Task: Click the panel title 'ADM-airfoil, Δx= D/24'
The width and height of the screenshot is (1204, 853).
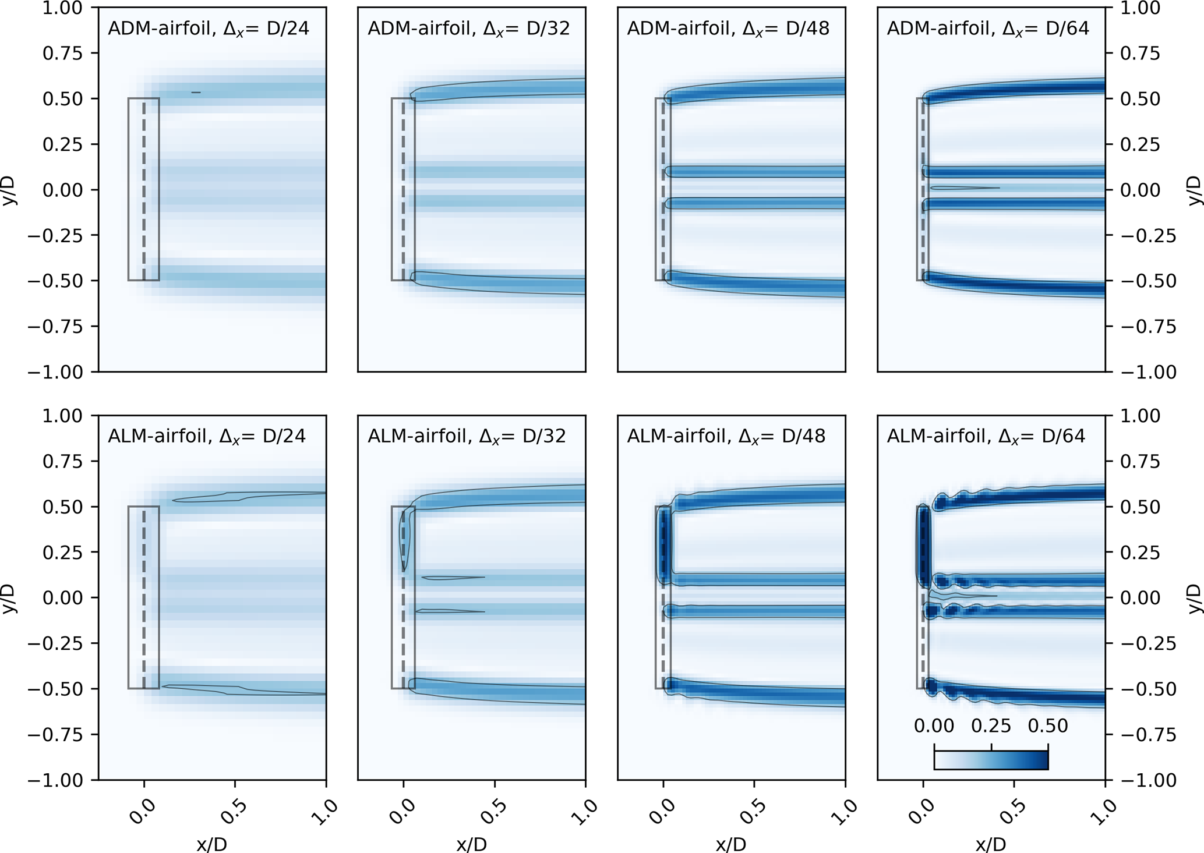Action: coord(209,29)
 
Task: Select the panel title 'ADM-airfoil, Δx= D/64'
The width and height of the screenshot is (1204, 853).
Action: coord(988,29)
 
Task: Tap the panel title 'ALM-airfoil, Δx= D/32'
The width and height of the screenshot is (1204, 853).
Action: coord(467,436)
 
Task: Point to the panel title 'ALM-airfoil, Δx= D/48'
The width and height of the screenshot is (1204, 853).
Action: coord(726,436)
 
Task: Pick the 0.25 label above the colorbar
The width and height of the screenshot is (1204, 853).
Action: coord(991,726)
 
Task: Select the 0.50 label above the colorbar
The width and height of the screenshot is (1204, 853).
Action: coord(1047,726)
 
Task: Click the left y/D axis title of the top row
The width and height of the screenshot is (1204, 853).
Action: coord(10,190)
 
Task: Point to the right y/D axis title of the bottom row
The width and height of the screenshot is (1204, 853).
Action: coord(1194,598)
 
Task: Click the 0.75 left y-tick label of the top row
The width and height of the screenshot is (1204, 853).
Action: coord(62,54)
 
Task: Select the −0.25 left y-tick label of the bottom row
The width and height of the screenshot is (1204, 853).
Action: coord(55,643)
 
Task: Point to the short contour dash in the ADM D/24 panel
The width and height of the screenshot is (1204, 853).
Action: coord(196,92)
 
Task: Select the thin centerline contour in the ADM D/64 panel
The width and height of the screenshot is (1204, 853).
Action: coord(964,187)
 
